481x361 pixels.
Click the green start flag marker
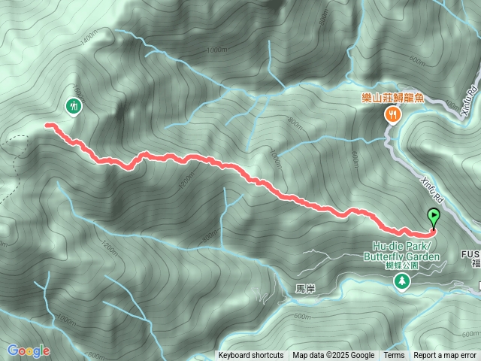(x=434, y=217)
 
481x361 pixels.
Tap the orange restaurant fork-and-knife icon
(x=392, y=114)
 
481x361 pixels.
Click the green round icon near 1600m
(x=74, y=105)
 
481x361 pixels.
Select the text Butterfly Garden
(x=401, y=256)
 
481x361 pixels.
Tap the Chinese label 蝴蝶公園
(x=401, y=266)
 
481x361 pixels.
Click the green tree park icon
(x=402, y=281)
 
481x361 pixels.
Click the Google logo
(x=29, y=350)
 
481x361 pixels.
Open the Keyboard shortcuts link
(x=250, y=356)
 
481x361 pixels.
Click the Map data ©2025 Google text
(x=334, y=356)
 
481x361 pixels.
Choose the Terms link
(x=394, y=356)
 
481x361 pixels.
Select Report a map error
(x=445, y=356)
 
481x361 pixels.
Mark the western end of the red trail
(x=47, y=125)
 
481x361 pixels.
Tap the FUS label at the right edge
(x=471, y=254)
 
